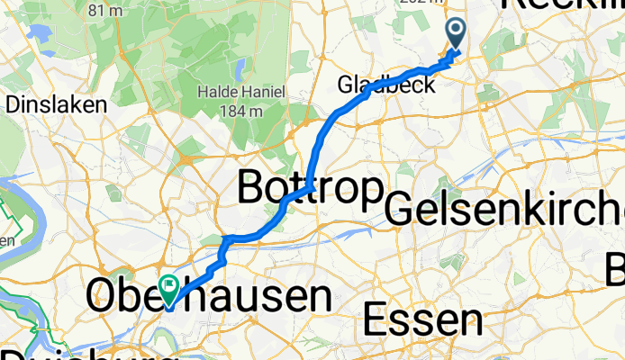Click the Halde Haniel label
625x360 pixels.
click(239, 92)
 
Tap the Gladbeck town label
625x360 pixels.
click(386, 85)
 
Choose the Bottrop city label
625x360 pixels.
click(310, 188)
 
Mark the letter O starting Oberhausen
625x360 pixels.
click(103, 297)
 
